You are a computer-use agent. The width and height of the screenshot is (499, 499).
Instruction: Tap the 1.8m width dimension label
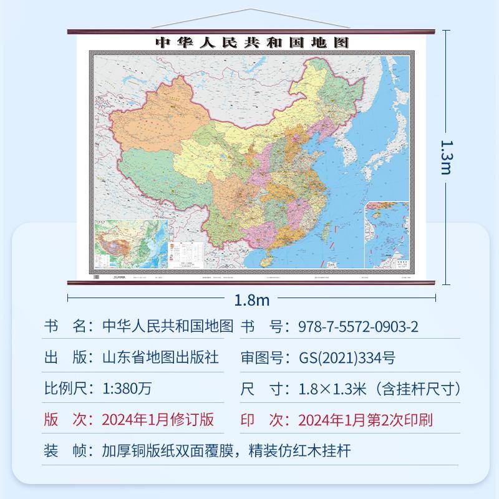click(251, 300)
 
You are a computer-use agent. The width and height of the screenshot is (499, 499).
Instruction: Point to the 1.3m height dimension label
click(445, 156)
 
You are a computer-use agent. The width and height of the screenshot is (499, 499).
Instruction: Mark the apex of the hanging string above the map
click(251, 9)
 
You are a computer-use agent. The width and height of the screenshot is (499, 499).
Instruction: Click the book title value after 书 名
click(167, 327)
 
